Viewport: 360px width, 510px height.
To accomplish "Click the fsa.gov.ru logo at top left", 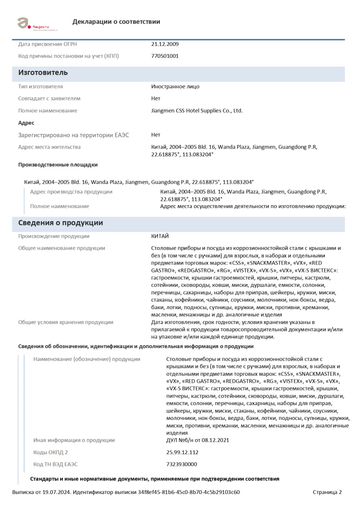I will pos(37,24).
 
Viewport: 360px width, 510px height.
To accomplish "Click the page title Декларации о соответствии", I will pos(116,22).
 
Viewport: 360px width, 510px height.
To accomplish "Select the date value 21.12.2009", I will pos(165,44).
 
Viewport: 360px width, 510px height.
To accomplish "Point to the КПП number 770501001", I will pos(165,56).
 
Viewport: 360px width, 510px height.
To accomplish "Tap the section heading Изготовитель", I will pos(43,73).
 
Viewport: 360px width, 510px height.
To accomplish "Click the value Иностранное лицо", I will pos(175,86).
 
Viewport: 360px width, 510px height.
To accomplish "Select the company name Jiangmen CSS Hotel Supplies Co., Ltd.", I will pos(197,111).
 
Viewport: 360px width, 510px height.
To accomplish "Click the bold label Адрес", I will pos(26,123).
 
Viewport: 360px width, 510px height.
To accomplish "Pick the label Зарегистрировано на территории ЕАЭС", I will pos(74,135).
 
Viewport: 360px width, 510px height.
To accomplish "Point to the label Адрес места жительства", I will pos(49,147).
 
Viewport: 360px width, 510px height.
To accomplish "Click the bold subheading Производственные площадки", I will pos(58,165).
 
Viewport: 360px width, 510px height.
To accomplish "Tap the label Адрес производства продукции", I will pos(71,192).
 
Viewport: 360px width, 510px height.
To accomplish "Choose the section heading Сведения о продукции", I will pos(61,223).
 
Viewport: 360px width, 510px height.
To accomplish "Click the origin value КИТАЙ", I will pos(160,236).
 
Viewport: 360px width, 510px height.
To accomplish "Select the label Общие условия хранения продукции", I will pos(66,322).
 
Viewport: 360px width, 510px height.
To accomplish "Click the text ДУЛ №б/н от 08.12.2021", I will pos(198,440).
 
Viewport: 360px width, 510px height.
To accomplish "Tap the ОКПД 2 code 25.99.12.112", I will pos(182,452).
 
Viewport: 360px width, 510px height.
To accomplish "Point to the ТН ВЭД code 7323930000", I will pos(181,464).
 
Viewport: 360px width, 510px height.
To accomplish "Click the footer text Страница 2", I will pos(327,492).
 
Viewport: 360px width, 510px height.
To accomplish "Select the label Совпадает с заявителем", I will pos(49,98).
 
